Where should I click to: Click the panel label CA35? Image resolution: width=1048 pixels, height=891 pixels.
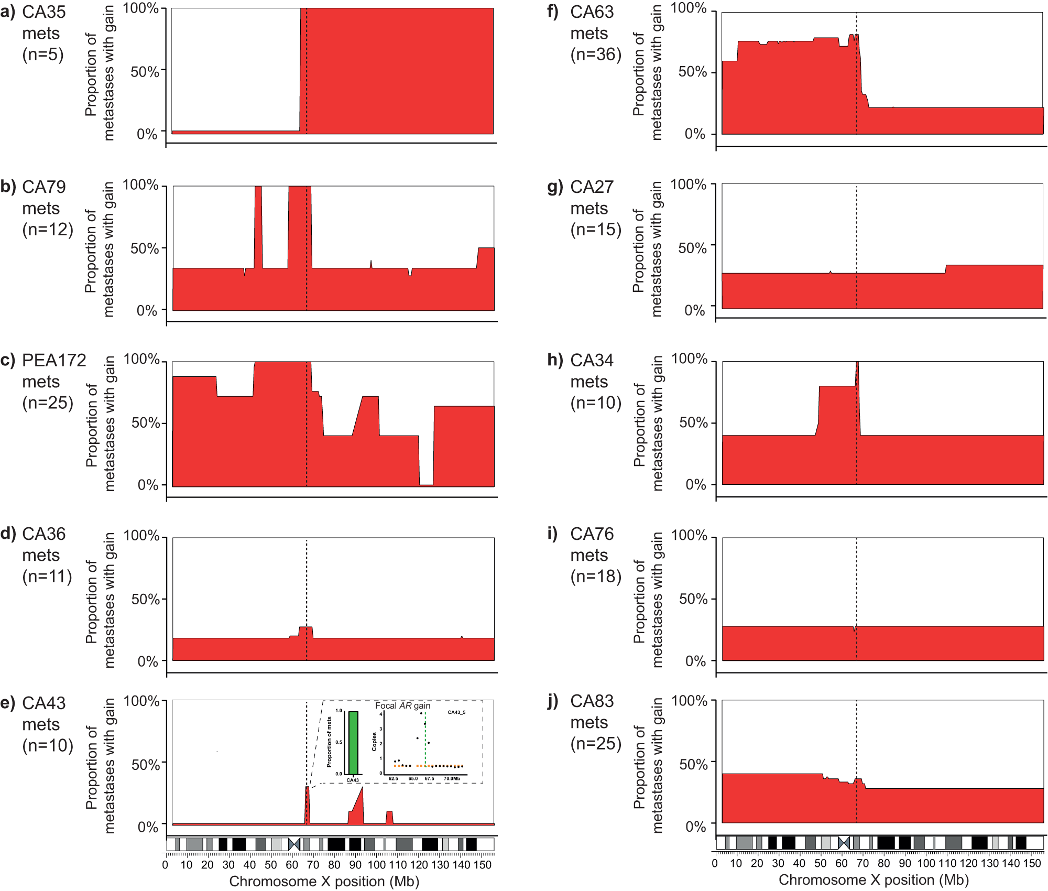coord(44,12)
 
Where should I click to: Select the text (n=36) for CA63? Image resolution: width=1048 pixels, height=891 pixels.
coord(596,55)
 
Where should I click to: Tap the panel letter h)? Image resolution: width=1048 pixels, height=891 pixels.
coord(554,360)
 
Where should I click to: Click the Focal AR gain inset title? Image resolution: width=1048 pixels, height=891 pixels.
coord(402,705)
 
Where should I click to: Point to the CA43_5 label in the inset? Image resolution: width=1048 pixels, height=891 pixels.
coord(456,712)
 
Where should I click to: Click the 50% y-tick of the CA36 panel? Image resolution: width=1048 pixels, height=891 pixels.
coord(145,599)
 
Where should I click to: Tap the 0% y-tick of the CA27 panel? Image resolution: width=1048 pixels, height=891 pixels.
coord(695,310)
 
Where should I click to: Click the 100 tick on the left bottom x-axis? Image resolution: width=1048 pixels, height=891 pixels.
coord(376,865)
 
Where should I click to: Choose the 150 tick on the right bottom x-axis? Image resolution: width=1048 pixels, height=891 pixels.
coord(1032,863)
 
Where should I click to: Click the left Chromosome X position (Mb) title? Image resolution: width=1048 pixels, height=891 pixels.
coord(324,882)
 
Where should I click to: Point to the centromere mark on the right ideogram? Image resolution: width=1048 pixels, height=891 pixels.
coord(843,843)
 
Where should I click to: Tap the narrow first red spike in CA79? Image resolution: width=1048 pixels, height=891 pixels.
coord(258,225)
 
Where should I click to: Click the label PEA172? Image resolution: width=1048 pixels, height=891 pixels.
coord(54,360)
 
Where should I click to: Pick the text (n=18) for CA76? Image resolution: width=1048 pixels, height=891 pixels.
coord(596,577)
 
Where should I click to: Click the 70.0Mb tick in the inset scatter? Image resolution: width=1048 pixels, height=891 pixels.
coord(451,778)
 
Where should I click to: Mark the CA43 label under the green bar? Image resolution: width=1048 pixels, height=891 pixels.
coord(353,780)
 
